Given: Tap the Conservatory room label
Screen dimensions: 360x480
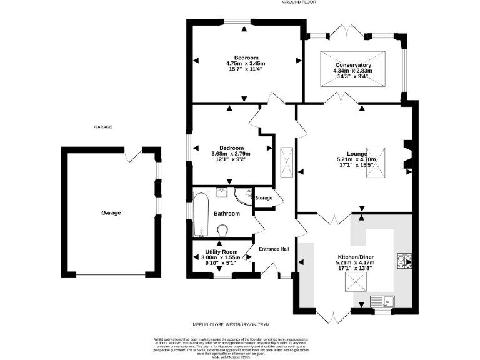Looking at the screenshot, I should pos(353,65).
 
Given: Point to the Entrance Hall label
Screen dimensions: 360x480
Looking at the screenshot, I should pos(274,249).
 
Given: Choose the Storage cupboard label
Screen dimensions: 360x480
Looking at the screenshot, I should pos(264,198).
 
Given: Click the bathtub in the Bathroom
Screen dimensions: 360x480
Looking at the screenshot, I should pos(199,216).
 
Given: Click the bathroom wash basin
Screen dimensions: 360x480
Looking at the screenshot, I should pos(221,192).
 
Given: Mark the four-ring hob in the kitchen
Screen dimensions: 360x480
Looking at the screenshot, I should pos(402,260).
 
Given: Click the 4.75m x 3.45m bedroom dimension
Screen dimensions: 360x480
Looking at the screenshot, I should pos(246,63).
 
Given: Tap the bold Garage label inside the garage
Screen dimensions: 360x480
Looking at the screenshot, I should pos(111,213).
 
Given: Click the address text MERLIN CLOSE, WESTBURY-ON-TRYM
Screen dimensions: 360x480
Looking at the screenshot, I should pos(239,325).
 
